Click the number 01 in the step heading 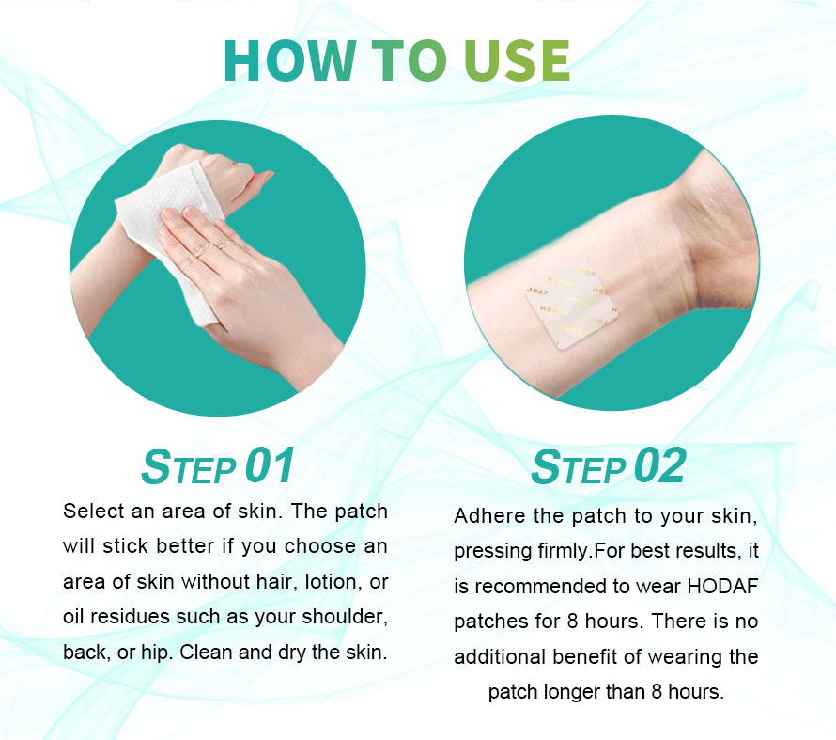click(x=270, y=465)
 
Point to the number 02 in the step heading click(x=659, y=465)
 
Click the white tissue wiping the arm click(x=171, y=240)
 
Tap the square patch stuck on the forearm click(x=570, y=304)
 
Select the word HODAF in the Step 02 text click(x=722, y=587)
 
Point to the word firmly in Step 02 click(x=564, y=552)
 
